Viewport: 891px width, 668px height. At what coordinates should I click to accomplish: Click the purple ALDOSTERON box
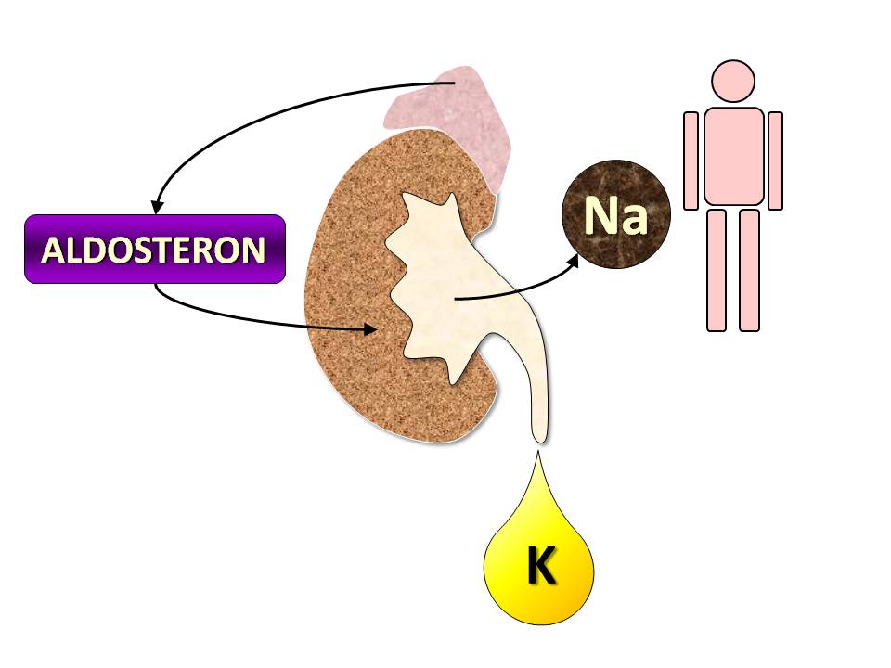click(155, 249)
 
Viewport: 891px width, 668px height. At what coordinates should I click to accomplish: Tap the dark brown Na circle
click(616, 214)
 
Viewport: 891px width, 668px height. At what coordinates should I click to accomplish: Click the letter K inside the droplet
click(541, 565)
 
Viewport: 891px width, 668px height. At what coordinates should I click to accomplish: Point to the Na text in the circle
click(616, 215)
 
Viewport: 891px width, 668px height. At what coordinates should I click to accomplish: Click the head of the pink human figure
click(733, 82)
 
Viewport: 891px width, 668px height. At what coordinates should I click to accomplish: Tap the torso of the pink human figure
click(733, 156)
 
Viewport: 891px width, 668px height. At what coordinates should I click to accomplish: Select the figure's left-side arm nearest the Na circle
click(691, 161)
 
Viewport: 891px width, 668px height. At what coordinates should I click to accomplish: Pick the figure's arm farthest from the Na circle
click(776, 161)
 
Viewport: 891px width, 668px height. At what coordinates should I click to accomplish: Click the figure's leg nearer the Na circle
click(717, 270)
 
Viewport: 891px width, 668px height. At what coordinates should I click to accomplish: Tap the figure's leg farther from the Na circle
click(750, 270)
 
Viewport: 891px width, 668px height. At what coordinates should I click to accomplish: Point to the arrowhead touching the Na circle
click(573, 262)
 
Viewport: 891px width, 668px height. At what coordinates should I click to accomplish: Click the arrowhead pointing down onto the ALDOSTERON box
click(157, 207)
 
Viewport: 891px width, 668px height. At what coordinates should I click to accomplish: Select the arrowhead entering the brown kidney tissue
click(370, 328)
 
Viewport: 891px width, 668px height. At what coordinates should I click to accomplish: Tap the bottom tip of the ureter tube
click(539, 442)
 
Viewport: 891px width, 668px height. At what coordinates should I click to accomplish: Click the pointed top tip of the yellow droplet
click(537, 451)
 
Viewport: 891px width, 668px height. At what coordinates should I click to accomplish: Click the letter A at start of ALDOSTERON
click(53, 250)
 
